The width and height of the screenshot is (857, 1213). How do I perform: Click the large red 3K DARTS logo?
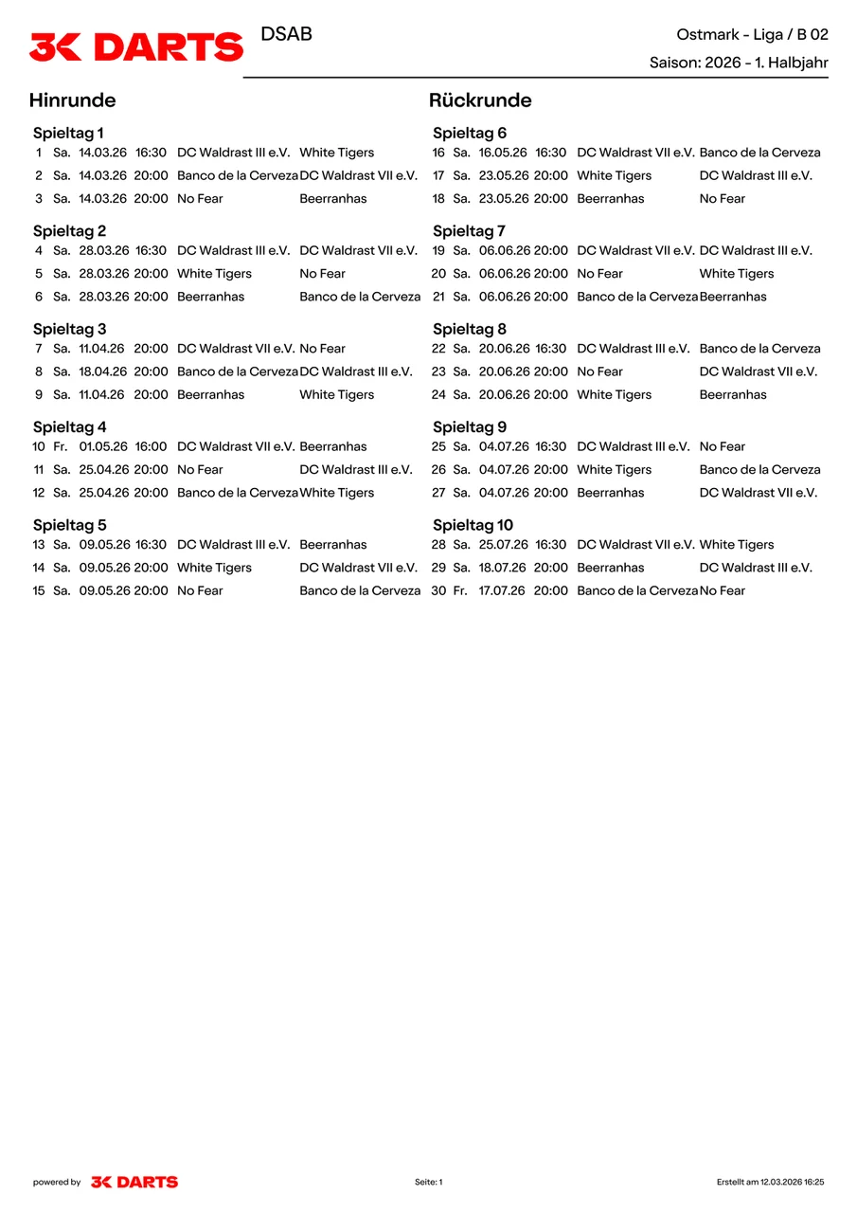(136, 46)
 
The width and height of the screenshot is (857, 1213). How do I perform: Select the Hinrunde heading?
(72, 100)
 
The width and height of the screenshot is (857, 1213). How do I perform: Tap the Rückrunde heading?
(480, 100)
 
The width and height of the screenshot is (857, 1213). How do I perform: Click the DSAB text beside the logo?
(286, 34)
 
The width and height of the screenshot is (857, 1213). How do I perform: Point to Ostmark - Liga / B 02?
(752, 34)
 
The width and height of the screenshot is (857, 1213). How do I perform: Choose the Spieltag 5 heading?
(69, 525)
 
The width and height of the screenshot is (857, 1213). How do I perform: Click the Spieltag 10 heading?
(473, 525)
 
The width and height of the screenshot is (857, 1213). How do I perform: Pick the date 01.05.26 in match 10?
(103, 446)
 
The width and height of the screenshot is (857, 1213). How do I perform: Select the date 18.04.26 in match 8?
(103, 371)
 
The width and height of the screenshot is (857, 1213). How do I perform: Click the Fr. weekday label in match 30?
(460, 590)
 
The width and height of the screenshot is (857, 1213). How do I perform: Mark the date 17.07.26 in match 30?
(503, 590)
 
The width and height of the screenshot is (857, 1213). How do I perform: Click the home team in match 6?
(210, 297)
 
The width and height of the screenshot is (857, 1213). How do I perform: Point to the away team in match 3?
(332, 199)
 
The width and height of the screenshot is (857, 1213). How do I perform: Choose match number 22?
(438, 349)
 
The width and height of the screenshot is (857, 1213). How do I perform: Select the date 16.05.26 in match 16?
(503, 153)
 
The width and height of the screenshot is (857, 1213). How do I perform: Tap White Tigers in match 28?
(736, 545)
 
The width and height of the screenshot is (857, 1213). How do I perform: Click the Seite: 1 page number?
(428, 1182)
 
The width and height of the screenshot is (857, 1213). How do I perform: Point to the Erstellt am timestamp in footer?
(770, 1182)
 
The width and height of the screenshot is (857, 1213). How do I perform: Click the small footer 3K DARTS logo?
(134, 1182)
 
